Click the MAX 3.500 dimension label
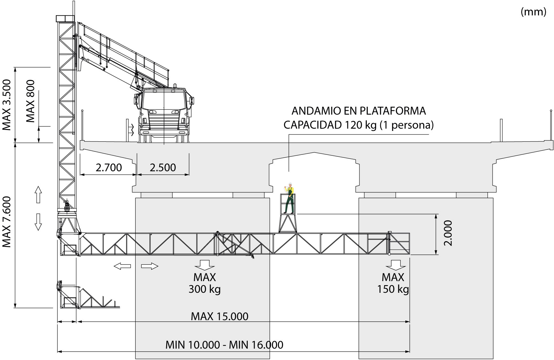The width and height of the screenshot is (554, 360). [7, 105]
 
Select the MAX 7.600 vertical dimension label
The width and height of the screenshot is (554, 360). [7, 222]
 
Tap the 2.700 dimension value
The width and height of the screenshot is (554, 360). [109, 168]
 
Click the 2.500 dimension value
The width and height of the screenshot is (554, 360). [163, 168]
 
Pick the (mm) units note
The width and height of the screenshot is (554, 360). [533, 12]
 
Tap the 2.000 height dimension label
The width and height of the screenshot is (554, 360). [448, 233]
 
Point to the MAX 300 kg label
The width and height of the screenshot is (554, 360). [204, 283]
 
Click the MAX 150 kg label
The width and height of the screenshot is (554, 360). [393, 283]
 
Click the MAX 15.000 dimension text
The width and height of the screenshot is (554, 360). [219, 316]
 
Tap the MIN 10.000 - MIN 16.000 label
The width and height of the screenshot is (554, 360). [224, 345]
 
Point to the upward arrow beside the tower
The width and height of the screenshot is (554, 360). [38, 195]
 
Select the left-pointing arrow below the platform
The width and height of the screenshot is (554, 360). [122, 266]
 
